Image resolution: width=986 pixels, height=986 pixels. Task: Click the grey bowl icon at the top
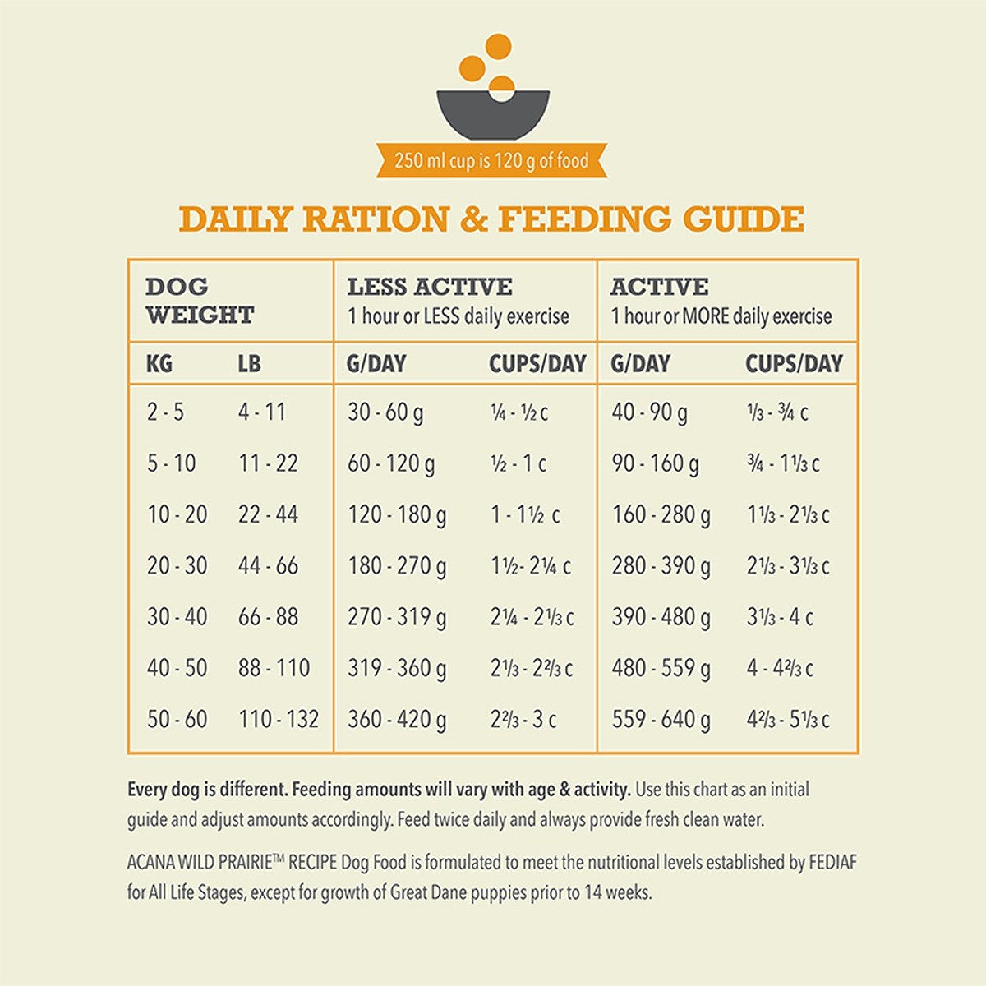(x=492, y=115)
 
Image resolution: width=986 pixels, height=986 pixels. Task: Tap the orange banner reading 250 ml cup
(x=491, y=160)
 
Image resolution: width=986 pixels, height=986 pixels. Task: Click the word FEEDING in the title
(x=583, y=219)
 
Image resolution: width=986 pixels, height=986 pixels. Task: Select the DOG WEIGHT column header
(x=200, y=301)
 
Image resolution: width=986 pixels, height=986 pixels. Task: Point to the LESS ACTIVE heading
(x=430, y=287)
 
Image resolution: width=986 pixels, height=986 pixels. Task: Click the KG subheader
(x=159, y=364)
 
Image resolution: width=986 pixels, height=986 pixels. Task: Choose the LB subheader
(x=249, y=364)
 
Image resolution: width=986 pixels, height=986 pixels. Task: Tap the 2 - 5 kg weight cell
(x=165, y=412)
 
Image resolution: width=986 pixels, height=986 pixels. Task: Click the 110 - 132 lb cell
(x=279, y=720)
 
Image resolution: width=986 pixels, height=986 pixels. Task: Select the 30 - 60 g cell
(x=385, y=412)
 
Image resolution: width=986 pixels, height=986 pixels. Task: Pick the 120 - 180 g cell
(x=397, y=515)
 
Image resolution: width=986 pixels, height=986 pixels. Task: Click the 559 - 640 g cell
(x=661, y=720)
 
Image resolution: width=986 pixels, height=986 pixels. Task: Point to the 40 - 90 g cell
(x=649, y=412)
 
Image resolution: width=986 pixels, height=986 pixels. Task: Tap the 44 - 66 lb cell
(x=268, y=566)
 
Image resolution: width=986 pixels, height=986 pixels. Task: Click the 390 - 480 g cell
(x=661, y=617)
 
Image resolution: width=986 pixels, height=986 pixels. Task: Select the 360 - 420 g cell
(x=397, y=720)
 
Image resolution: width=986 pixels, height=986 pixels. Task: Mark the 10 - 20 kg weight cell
(x=177, y=515)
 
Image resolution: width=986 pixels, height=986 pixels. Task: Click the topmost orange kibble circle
(x=498, y=46)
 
